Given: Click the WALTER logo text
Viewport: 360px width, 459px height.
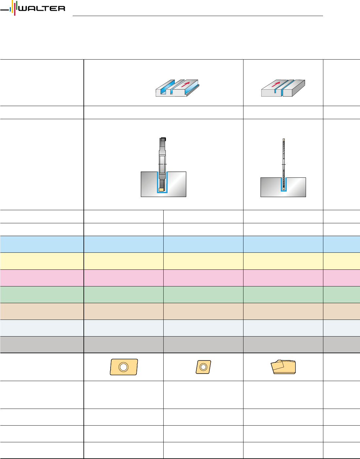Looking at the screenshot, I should (42, 9).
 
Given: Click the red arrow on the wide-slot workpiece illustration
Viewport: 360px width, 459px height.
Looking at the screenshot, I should (186, 84).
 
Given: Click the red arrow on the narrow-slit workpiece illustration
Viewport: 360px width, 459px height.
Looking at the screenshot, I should (276, 84).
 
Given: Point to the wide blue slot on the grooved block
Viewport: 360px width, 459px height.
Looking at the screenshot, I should (170, 87).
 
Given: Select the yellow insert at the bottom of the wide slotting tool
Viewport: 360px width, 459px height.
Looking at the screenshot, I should (161, 189).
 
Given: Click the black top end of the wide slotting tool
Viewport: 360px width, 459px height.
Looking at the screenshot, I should (163, 139).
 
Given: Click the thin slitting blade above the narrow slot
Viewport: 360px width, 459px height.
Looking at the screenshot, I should (283, 160).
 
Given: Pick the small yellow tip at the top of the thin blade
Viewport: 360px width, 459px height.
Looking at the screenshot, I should (283, 139).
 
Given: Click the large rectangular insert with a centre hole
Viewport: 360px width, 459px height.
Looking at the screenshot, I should (124, 367).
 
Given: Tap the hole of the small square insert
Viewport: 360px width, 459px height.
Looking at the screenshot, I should (203, 367).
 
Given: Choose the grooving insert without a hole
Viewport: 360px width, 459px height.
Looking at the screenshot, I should (283, 367).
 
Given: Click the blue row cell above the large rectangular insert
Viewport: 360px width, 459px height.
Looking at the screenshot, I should (123, 244).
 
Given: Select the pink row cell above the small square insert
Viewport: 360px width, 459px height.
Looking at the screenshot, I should (203, 278).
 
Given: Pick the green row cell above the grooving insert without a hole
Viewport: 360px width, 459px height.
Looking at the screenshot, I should (283, 294).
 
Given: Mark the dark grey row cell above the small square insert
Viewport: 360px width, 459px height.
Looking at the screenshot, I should (203, 344).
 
